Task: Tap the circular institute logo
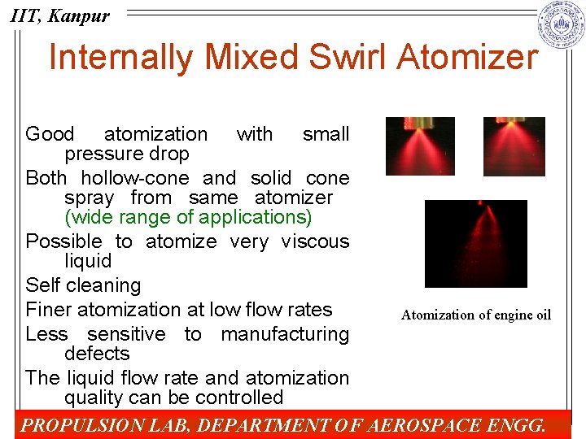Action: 562,24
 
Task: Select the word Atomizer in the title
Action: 470,58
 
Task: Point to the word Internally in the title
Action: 120,58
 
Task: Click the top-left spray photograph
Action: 420,146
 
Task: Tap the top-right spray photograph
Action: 514,146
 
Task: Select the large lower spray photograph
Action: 476,244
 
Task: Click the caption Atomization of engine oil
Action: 476,315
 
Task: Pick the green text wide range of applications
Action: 188,218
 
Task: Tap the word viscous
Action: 315,241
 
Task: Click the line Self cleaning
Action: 83,285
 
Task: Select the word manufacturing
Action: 285,334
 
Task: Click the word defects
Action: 97,354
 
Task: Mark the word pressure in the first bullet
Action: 101,154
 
